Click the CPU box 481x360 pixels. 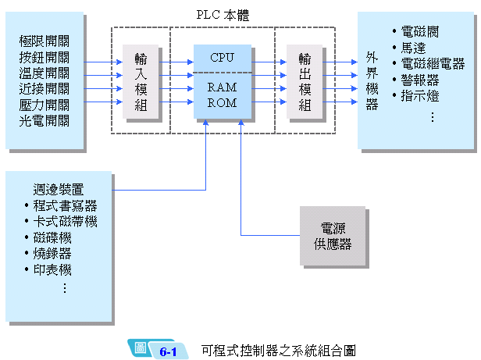222,57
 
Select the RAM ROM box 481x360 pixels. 222,95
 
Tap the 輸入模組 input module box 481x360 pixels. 141,81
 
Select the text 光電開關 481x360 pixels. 45,121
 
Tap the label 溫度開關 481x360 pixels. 45,73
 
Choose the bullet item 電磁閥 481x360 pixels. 419,32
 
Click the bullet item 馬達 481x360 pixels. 413,48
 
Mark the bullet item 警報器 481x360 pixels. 419,80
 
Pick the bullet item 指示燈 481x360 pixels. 419,97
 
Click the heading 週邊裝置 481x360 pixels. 59,189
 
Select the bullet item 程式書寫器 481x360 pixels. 65,205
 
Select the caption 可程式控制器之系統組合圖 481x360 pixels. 278,350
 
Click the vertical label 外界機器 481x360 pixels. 372,81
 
